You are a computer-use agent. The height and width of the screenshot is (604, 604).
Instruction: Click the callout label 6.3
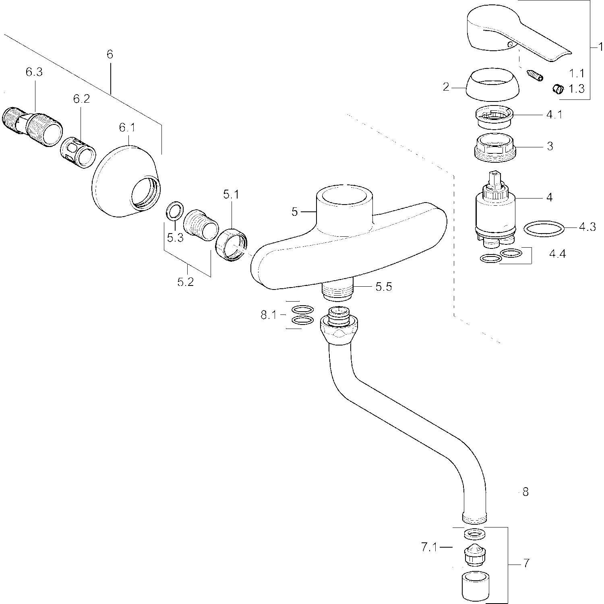click(34, 72)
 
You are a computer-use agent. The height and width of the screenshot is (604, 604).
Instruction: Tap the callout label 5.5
click(383, 287)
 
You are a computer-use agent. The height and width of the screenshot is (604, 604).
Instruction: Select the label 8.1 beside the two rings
click(269, 315)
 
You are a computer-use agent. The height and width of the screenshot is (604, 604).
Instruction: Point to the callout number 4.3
click(587, 227)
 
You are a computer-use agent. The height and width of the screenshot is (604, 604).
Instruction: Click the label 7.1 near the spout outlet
click(429, 548)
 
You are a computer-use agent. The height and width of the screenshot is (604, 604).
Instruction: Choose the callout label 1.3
click(576, 89)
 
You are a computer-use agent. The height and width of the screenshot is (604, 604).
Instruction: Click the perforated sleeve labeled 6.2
click(79, 153)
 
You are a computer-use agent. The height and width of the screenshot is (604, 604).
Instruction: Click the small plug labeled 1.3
click(558, 89)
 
